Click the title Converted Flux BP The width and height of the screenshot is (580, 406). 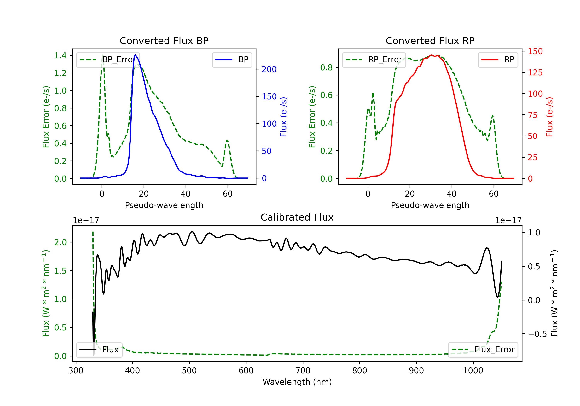(164, 41)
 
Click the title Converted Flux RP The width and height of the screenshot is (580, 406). (430, 41)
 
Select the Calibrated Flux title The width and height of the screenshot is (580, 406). (297, 217)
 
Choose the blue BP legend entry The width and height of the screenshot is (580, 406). (232, 60)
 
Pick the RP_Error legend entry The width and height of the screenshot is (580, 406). (374, 60)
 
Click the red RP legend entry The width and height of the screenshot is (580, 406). (498, 60)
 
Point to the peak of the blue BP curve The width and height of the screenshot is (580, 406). (135, 55)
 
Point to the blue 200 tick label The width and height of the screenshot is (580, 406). (269, 69)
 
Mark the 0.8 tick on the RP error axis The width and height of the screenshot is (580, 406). (326, 67)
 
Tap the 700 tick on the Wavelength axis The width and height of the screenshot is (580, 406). (303, 371)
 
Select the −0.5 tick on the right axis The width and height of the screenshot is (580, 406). (537, 334)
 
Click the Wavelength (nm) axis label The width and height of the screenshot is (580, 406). (297, 382)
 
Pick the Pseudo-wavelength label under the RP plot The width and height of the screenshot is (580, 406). (430, 205)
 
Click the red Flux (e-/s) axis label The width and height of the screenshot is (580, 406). (549, 117)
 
